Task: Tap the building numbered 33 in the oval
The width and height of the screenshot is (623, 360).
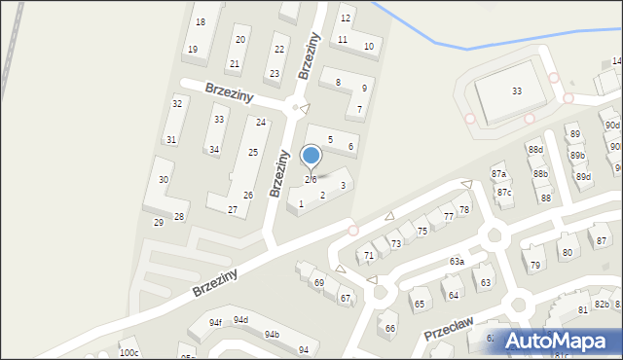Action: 516,90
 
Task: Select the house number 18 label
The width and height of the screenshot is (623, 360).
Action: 200,21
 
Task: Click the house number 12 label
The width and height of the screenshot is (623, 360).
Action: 345,18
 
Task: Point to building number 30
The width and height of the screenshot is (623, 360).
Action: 164,180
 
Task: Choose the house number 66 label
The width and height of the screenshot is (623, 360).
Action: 390,328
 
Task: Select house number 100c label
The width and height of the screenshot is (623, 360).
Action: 128,352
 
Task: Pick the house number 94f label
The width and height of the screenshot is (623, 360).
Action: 215,323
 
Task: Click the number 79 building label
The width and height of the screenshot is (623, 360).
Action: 535,265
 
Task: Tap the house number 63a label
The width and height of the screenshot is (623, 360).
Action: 457,262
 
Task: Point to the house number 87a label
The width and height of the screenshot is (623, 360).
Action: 499,173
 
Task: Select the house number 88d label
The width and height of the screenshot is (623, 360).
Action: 535,149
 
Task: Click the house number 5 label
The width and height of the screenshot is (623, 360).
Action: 330,140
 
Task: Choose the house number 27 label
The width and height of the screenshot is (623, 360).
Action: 233,209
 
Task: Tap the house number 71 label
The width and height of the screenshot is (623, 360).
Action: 369,256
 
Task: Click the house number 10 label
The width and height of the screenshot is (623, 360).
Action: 368,46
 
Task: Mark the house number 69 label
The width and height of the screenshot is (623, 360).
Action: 318,282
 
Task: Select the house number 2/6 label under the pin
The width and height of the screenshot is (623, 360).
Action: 311,179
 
